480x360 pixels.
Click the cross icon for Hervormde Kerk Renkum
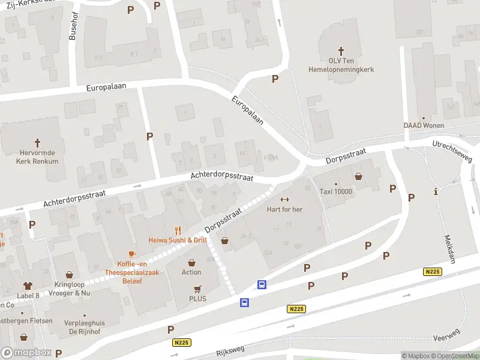[x=37, y=143]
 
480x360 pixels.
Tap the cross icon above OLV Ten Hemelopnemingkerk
[x=341, y=52]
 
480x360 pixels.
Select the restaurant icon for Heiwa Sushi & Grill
[x=178, y=230]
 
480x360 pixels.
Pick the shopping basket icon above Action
[x=191, y=262]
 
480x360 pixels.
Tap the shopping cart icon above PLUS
[x=197, y=289]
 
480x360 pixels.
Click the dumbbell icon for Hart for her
[x=285, y=200]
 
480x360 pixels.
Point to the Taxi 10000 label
[x=335, y=191]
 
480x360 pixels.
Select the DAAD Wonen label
[x=423, y=125]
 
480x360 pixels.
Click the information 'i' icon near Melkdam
[x=435, y=192]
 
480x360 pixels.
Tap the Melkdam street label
[x=446, y=245]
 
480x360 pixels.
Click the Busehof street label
[x=74, y=26]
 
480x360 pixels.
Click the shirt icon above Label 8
[x=28, y=286]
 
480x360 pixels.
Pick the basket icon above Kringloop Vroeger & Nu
[x=69, y=274]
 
